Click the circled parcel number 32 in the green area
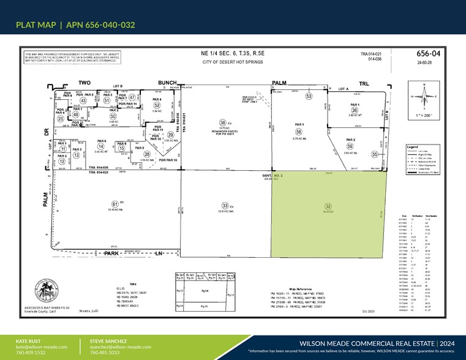click(x=328, y=206)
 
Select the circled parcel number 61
click(x=114, y=204)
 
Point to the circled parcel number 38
click(x=206, y=122)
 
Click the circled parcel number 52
click(x=157, y=105)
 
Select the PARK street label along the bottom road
click(x=110, y=253)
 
